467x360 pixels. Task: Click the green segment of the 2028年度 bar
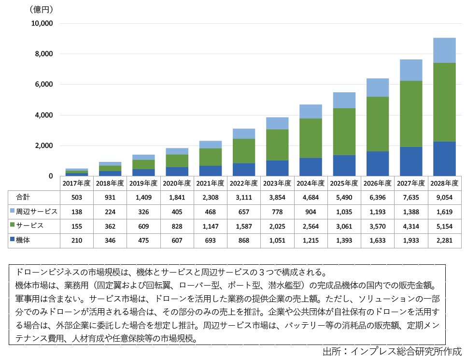tap(444, 102)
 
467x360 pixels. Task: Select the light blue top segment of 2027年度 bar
tap(410, 70)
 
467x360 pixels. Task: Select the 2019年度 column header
tap(143, 183)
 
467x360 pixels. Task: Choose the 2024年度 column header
tap(310, 183)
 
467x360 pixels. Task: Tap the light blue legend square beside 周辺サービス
tap(13, 212)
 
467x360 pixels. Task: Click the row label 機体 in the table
tap(23, 240)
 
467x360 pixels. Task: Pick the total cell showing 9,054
tap(444, 197)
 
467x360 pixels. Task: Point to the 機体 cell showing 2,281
tap(444, 240)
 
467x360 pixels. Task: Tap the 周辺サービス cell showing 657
tap(243, 212)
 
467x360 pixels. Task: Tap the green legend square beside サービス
tap(13, 226)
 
